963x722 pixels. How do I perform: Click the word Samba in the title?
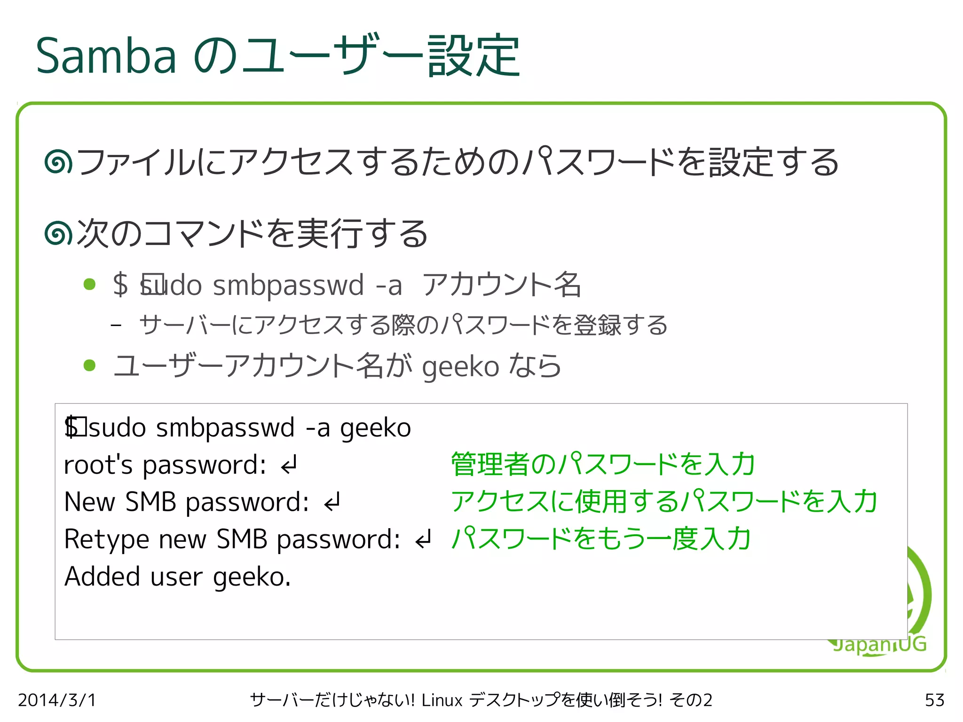[x=106, y=56]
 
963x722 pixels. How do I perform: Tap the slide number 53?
[x=934, y=700]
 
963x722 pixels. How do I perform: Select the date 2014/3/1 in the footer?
[x=57, y=700]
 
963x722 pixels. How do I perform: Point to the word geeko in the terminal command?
[x=375, y=428]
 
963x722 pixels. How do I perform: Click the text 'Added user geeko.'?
[x=178, y=577]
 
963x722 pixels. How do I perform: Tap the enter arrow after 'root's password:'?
[x=289, y=465]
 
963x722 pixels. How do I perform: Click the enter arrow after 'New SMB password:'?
[x=332, y=502]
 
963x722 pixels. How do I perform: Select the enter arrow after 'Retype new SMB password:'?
[x=423, y=540]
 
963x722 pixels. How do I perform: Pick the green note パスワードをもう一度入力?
[x=601, y=539]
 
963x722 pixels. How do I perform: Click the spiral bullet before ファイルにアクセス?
[x=58, y=162]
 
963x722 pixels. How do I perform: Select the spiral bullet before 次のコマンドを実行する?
[x=58, y=234]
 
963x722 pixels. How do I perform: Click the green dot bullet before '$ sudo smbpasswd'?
[x=89, y=285]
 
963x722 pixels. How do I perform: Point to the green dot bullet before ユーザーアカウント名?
[x=89, y=365]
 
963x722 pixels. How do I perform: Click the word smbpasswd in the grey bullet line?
[x=288, y=285]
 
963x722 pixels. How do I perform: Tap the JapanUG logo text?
[x=879, y=644]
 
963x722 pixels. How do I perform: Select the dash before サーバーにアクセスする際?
[x=116, y=325]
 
